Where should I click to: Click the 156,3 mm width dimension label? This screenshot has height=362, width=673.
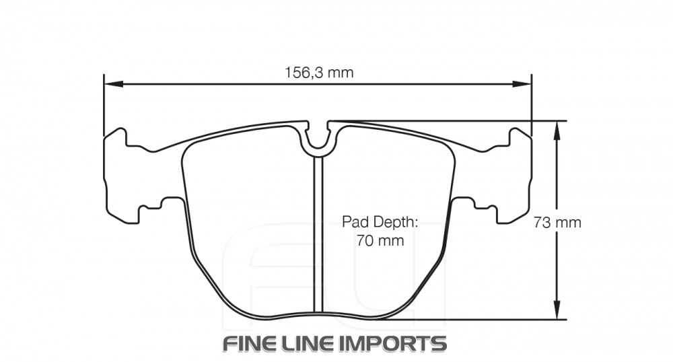click(x=318, y=73)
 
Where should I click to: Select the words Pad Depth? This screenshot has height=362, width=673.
click(x=380, y=221)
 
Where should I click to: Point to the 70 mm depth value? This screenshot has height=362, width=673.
click(x=381, y=240)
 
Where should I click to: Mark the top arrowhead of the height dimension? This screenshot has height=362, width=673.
click(x=557, y=129)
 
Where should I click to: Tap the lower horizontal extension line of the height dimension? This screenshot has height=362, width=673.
click(x=485, y=320)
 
